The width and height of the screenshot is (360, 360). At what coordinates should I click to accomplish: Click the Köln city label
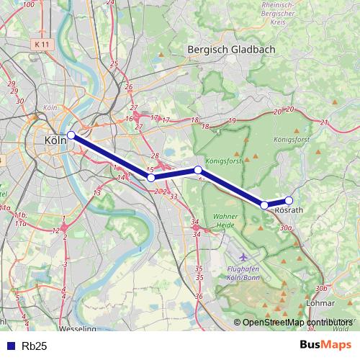55,140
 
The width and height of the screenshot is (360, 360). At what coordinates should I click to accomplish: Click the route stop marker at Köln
71,135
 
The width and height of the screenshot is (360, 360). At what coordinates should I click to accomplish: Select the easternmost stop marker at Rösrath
289,201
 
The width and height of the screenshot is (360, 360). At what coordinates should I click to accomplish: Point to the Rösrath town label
289,210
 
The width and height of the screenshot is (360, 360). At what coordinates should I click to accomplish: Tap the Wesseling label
79,329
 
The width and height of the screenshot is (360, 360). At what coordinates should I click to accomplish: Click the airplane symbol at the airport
243,256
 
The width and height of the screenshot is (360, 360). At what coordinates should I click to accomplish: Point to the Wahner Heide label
225,222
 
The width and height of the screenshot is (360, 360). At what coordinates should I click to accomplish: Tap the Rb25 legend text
34,346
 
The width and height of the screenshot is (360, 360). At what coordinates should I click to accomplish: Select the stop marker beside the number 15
151,177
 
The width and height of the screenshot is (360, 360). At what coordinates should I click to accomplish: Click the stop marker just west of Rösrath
264,205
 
